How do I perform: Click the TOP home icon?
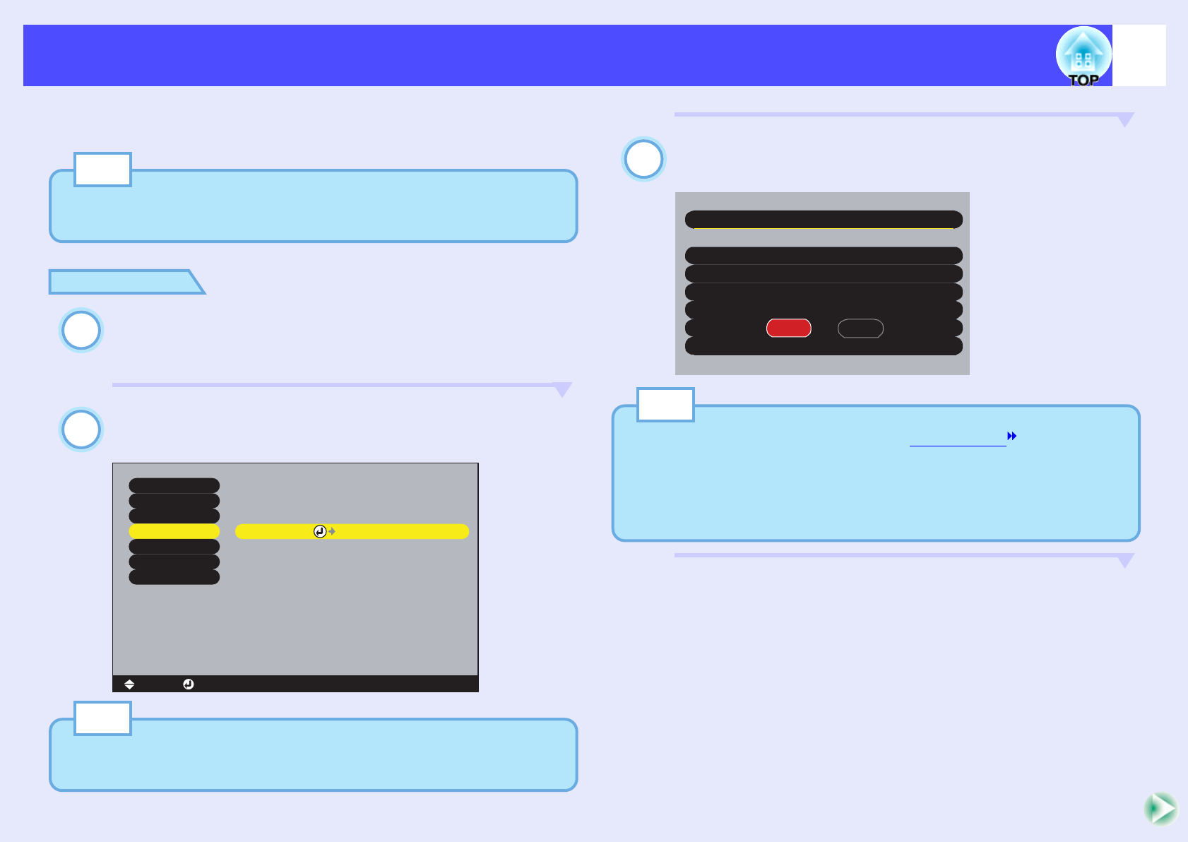[1083, 56]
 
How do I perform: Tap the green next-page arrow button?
[1160, 809]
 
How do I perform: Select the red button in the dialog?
[788, 328]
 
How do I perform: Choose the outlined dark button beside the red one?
[860, 328]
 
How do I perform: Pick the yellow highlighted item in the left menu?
[174, 531]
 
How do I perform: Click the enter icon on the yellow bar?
[320, 531]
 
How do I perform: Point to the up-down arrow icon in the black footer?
[129, 684]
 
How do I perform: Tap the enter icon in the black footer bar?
[189, 684]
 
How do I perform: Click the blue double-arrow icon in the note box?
[1012, 436]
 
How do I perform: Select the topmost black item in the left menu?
[174, 485]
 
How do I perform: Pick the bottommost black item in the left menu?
[174, 577]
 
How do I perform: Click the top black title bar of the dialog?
[824, 219]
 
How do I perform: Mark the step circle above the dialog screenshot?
[643, 159]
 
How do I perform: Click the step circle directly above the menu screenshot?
[81, 429]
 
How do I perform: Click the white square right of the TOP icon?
[1139, 56]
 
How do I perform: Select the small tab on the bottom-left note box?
[102, 718]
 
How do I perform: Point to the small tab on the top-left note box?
[102, 170]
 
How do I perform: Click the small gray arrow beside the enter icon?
[332, 531]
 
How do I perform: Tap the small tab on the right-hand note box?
[665, 405]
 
